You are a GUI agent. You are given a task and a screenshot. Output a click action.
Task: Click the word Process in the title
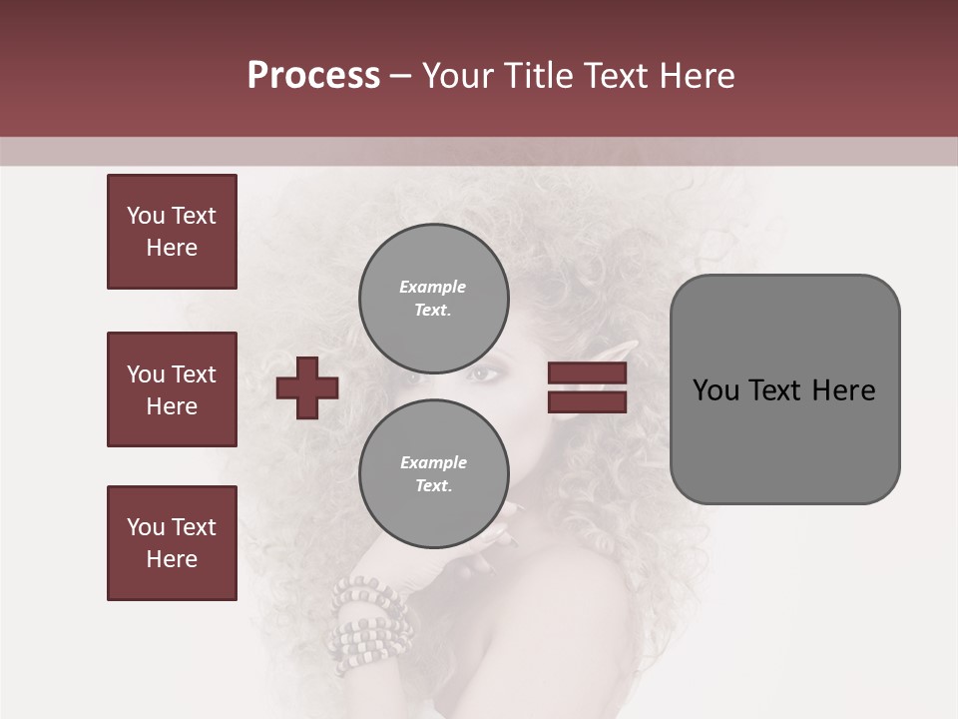point(313,76)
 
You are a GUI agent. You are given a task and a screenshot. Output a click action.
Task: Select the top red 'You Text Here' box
point(172,232)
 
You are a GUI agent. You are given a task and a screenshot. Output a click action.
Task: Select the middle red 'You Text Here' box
point(172,389)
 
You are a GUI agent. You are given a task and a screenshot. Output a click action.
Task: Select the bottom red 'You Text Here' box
point(172,543)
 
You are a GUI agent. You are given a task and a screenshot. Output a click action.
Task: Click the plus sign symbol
point(307,387)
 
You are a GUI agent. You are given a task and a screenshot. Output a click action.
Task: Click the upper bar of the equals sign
point(587,373)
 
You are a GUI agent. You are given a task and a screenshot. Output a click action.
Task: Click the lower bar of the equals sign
point(587,401)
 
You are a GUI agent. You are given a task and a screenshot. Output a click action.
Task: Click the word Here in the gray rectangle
point(843,389)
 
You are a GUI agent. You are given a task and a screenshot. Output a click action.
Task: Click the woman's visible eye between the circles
point(484,375)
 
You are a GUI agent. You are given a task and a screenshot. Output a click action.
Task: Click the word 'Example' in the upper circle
point(432,287)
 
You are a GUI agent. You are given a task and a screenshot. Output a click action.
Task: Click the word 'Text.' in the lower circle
point(433,485)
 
